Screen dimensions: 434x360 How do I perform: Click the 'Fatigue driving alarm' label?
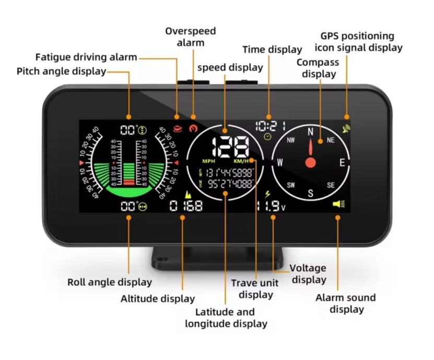tap(86, 57)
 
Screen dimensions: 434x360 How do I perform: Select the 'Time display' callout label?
tap(272, 50)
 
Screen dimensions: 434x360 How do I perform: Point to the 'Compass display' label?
tap(318, 68)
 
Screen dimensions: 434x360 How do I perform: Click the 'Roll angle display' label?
tap(110, 282)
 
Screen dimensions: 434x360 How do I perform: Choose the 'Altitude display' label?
tap(158, 299)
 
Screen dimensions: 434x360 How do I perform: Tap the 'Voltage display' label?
tap(309, 274)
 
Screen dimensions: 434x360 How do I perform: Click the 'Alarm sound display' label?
tap(346, 303)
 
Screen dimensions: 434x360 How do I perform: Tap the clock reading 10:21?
tap(270, 126)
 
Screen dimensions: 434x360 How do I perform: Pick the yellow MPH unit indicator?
tap(208, 161)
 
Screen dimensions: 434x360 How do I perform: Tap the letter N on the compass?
tap(311, 132)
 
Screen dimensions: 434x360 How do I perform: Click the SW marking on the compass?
tap(290, 185)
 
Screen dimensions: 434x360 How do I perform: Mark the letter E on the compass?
tap(343, 162)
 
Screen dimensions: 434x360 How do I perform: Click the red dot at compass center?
tap(311, 162)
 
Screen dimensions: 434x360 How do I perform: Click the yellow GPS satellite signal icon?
tap(345, 128)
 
